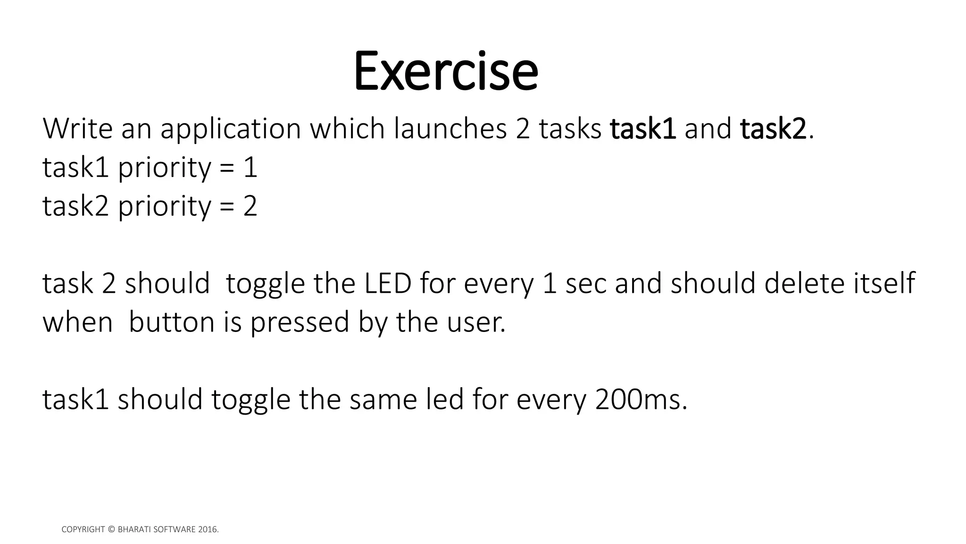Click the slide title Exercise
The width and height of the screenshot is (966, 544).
coord(445,71)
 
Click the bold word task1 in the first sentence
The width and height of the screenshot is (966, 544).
coord(643,129)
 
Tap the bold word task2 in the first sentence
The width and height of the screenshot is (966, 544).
coord(773,129)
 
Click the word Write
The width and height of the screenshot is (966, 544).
coord(77,128)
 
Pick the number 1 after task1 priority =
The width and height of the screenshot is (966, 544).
coord(250,168)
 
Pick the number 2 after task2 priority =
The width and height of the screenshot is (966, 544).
coord(250,206)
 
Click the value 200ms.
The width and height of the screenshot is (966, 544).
coord(641,400)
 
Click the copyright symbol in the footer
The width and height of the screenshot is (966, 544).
coord(111,530)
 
